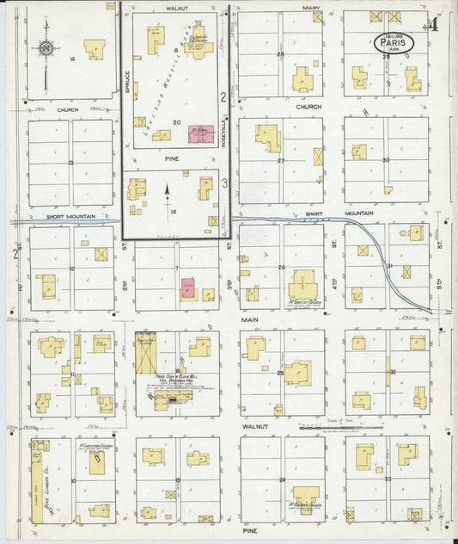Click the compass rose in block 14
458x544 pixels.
click(x=46, y=49)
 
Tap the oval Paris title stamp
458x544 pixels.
click(x=394, y=42)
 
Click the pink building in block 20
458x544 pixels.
click(x=201, y=136)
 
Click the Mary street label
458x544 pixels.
click(x=310, y=7)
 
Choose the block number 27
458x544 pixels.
click(x=280, y=161)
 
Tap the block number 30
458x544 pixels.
click(x=386, y=160)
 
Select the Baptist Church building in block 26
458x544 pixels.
click(x=302, y=284)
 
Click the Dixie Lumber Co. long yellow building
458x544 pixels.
click(x=40, y=482)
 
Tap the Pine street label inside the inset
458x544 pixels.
click(x=170, y=159)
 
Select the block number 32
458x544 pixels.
click(x=392, y=371)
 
